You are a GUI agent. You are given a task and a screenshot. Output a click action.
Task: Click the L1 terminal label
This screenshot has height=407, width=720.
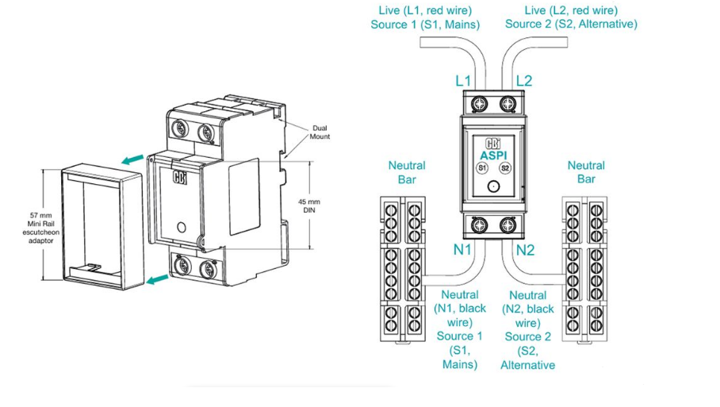(463, 81)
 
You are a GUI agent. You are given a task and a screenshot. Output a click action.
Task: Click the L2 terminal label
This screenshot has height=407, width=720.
(524, 81)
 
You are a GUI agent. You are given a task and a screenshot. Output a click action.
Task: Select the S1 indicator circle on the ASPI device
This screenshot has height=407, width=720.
(481, 168)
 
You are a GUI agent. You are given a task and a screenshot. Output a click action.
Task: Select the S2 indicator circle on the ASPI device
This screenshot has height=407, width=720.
(506, 168)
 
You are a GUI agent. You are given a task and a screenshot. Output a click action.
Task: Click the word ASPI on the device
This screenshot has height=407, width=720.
(493, 156)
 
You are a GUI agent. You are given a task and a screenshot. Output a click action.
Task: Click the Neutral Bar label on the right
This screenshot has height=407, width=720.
(586, 172)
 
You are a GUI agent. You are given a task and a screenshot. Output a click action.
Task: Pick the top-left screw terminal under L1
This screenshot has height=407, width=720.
(480, 104)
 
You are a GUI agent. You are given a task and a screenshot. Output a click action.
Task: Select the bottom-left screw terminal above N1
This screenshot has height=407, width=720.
(480, 225)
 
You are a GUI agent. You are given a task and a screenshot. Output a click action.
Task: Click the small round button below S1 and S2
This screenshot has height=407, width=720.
(493, 188)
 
